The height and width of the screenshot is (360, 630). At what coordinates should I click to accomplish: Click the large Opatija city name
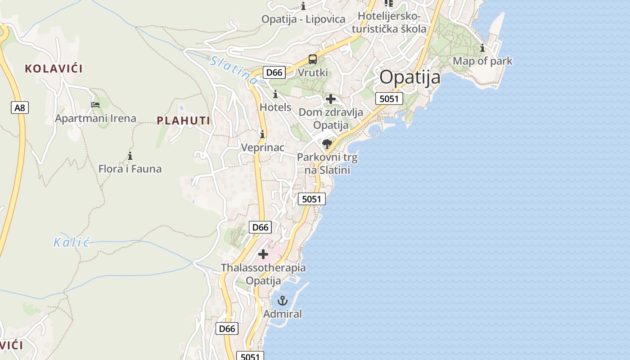tap(409, 77)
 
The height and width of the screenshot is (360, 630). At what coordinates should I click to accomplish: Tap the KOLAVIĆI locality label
tap(54, 69)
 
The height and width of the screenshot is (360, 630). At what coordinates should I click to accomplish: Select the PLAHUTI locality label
tap(184, 121)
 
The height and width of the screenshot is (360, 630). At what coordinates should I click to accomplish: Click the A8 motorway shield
tap(20, 108)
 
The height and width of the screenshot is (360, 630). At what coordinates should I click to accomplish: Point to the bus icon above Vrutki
tap(312, 59)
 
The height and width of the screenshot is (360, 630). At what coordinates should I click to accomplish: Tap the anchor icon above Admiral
tap(283, 300)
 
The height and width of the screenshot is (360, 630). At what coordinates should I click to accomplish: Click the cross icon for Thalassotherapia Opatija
tap(263, 255)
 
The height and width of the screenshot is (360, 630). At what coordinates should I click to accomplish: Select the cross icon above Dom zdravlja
tap(331, 99)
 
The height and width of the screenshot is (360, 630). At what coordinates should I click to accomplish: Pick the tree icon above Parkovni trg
tap(327, 144)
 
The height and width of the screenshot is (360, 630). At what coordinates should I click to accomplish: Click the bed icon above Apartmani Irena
tap(95, 105)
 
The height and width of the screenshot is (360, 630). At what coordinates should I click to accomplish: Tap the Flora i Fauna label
tap(130, 169)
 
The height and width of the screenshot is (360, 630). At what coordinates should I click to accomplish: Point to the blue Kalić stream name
tap(72, 243)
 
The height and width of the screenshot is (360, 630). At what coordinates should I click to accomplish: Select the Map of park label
tap(482, 61)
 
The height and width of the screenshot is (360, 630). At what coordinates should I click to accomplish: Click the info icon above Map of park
tap(482, 48)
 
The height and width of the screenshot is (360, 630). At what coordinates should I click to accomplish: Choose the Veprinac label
tap(262, 148)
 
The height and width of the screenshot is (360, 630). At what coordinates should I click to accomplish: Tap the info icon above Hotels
tap(275, 94)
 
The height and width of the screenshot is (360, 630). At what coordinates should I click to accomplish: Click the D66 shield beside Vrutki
tap(274, 72)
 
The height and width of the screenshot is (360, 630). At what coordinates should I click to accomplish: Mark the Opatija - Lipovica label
tap(303, 19)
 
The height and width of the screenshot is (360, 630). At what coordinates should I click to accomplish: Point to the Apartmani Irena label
tap(95, 119)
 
